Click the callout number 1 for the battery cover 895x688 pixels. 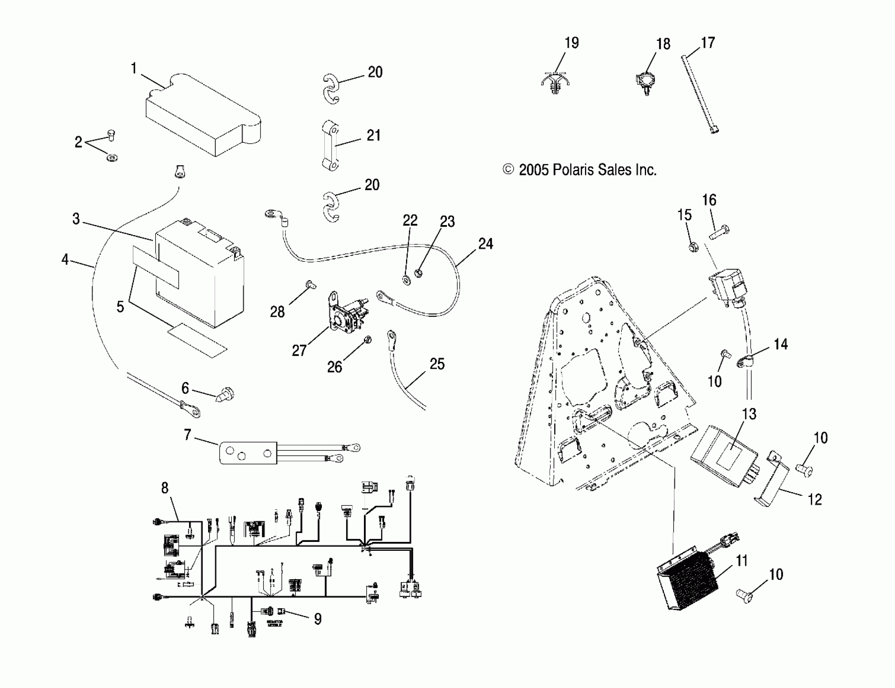[134, 68]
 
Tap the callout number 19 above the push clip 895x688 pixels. [572, 42]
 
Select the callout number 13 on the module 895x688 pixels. [749, 414]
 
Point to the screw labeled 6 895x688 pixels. [225, 395]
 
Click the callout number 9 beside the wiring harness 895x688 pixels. [317, 619]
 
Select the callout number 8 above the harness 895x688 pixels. [165, 488]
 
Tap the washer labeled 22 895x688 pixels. [407, 280]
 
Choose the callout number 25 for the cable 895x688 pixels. [437, 364]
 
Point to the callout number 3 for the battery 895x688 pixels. [76, 219]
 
